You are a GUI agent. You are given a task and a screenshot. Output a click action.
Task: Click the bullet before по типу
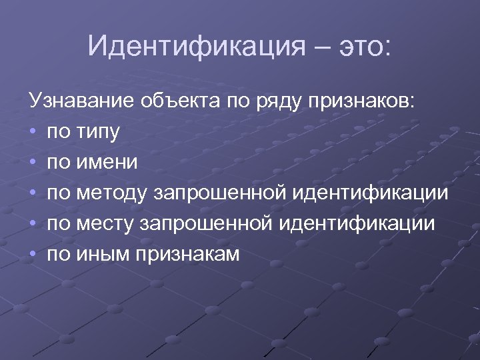[33, 132]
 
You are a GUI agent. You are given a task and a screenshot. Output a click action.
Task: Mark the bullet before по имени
[33, 163]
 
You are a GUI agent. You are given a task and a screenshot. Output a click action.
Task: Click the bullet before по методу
[33, 193]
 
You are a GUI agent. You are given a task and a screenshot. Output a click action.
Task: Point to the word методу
[113, 194]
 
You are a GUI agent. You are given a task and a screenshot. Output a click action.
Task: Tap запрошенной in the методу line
[219, 194]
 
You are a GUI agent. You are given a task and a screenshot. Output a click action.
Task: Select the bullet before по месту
[33, 224]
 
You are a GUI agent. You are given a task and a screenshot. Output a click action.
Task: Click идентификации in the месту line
[357, 224]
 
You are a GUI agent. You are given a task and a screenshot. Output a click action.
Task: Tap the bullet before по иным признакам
[33, 254]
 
